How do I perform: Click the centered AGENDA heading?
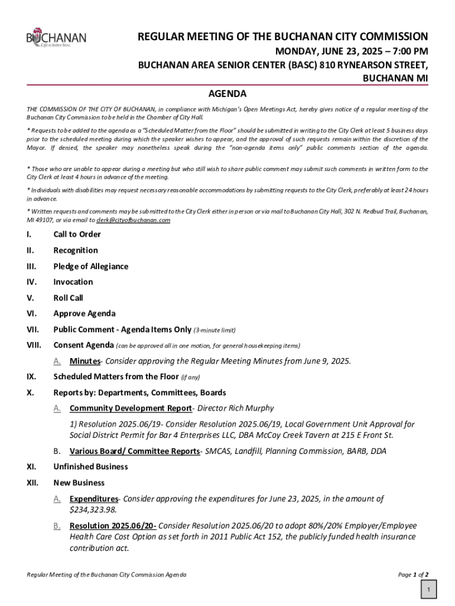[227, 94]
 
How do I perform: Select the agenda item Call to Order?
[77, 234]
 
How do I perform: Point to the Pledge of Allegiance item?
[90, 266]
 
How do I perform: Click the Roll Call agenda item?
[68, 298]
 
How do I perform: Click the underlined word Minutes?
[84, 361]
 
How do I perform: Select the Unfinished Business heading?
[90, 467]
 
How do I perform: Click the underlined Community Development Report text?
[131, 408]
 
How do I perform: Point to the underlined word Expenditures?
[93, 499]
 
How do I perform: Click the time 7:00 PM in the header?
[407, 51]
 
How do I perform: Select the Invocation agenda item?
[73, 282]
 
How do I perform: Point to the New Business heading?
[79, 483]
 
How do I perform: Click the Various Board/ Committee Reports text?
[134, 452]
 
